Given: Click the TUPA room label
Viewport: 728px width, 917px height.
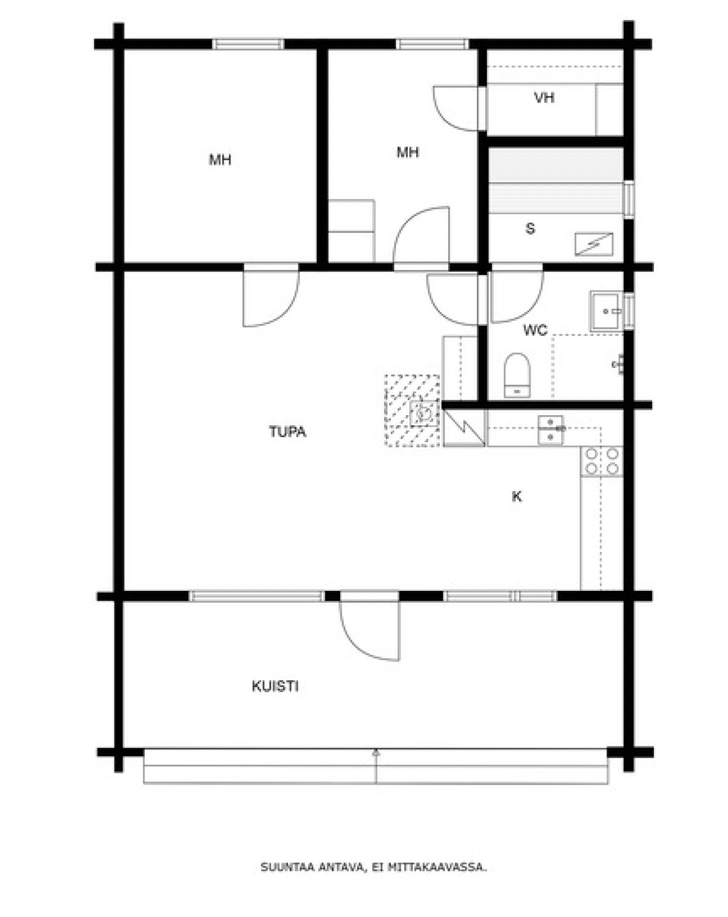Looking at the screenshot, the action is point(287,431).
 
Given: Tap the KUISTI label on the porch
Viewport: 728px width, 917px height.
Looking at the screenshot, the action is point(275,686).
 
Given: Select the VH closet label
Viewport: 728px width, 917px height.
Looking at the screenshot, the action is point(544,97).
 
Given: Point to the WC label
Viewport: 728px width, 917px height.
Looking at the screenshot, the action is point(535,330).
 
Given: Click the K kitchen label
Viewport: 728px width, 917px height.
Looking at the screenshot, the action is point(517,496).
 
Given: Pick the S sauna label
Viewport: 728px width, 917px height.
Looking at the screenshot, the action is point(531,229).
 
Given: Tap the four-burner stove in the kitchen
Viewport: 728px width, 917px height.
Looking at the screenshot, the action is point(602,461).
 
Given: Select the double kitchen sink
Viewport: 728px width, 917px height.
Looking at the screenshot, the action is point(551,429).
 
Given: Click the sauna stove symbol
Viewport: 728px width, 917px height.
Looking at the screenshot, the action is point(594,244).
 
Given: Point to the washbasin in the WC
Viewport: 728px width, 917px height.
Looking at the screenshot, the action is point(605,311).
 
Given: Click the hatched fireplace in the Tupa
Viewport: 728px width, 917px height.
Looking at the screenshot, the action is point(412,410).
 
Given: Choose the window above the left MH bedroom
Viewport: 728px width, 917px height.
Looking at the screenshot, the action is point(248,44).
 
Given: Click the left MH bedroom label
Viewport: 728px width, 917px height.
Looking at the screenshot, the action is point(220,160).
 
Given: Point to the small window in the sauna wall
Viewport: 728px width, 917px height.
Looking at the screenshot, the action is point(629,199).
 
